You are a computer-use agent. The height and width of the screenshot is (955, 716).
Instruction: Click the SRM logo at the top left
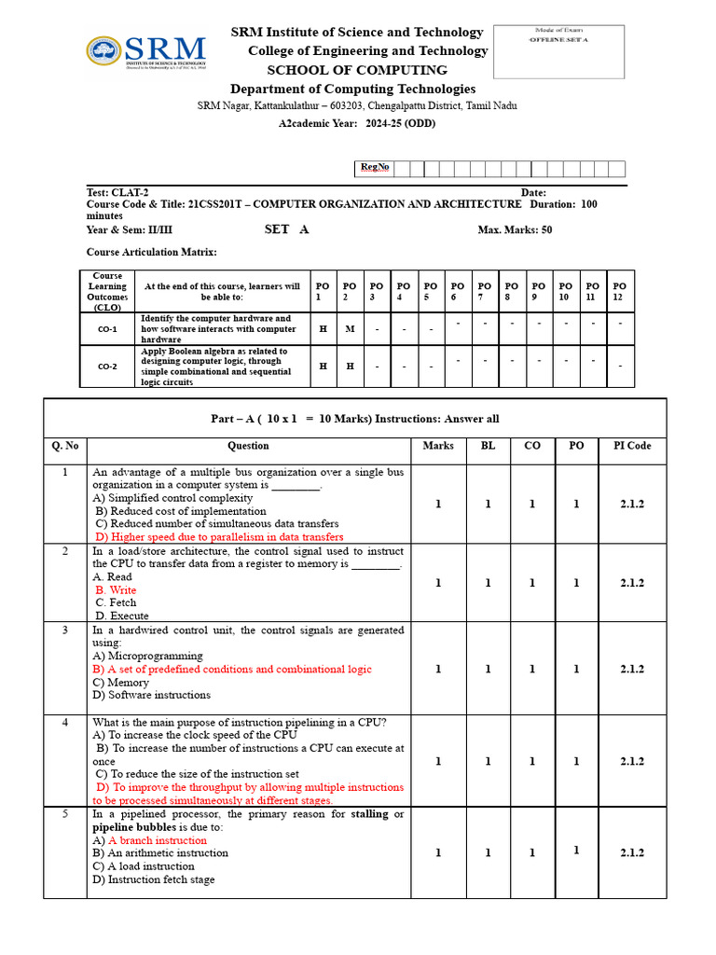coord(145,55)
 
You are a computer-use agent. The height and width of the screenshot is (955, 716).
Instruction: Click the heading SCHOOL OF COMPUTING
coord(357,70)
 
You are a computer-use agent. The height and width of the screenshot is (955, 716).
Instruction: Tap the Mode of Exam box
coord(558,51)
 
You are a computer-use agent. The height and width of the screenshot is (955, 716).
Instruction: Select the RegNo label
coord(375,168)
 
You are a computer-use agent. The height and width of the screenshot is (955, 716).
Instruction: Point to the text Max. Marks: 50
coord(515,230)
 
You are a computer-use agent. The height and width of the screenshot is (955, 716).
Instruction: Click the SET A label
coord(286,229)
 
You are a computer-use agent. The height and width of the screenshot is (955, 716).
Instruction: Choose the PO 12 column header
coord(620,291)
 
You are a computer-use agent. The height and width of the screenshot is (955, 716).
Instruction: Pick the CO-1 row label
coord(108,329)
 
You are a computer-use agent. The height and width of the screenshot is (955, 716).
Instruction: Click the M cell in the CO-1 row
coord(350,329)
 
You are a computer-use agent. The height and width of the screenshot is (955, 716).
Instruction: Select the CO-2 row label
coord(108,367)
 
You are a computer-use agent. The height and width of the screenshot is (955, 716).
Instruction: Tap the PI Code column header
coord(632,446)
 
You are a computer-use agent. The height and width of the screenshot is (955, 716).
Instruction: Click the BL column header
coord(488,446)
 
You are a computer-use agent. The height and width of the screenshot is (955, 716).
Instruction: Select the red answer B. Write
coord(116,590)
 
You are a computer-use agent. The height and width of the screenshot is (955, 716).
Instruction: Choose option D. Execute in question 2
coord(122,616)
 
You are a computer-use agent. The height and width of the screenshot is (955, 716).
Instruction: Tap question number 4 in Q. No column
coord(65,722)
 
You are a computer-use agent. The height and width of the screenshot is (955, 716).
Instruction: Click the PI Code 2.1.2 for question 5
coord(632,852)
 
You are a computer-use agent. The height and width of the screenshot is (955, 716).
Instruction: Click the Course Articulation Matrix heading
coord(151,252)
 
